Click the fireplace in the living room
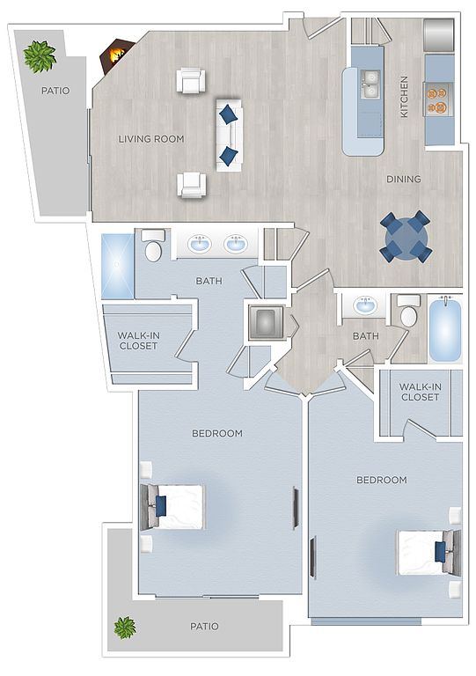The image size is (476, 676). (x=115, y=56)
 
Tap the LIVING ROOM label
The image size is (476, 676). (x=151, y=139)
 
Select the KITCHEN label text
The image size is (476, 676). (x=404, y=97)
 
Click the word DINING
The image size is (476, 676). (x=404, y=179)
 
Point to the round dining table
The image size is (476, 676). (x=405, y=236)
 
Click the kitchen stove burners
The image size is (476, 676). (x=439, y=99)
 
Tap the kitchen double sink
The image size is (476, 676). (x=370, y=84)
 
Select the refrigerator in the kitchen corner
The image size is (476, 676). (x=439, y=34)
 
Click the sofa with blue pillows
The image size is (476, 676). (x=229, y=135)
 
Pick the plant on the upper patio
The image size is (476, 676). (x=40, y=56)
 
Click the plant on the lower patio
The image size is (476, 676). (x=125, y=628)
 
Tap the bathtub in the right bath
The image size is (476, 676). (x=445, y=330)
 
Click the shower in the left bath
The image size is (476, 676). (x=117, y=267)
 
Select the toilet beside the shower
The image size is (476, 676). (x=153, y=246)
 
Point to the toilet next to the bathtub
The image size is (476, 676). (x=409, y=311)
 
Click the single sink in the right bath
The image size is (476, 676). (x=365, y=305)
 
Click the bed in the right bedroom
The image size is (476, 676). (x=428, y=552)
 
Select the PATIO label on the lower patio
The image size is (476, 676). (x=205, y=626)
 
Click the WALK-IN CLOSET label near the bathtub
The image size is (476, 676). (x=420, y=392)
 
